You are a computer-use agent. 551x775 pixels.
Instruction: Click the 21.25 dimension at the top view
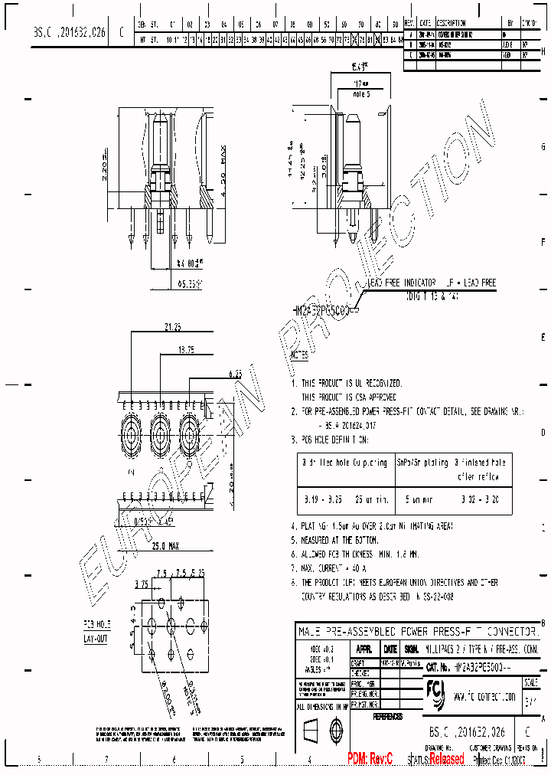click(x=171, y=327)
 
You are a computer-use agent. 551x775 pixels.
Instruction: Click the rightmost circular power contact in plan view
click(x=191, y=433)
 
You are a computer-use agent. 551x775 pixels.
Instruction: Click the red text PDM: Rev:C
click(x=370, y=759)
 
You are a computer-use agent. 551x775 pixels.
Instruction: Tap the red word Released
click(x=446, y=759)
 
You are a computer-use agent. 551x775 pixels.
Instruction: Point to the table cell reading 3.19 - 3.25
click(x=315, y=499)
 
